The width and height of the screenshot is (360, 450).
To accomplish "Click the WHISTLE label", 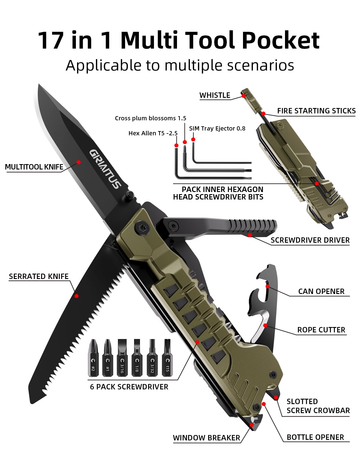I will [x=215, y=95].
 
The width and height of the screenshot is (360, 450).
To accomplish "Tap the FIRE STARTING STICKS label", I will [x=316, y=111].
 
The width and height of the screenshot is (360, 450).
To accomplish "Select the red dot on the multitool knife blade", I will [x=79, y=162].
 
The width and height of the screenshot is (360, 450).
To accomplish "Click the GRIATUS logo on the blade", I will [x=105, y=169].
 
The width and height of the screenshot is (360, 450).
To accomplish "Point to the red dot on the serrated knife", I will [x=76, y=296].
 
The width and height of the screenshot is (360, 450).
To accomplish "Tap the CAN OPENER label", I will [x=321, y=292].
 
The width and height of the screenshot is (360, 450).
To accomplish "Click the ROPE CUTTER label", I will [x=321, y=330].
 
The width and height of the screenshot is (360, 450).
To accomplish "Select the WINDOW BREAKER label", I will [x=206, y=438].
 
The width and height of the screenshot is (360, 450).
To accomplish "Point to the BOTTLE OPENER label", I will [x=315, y=437].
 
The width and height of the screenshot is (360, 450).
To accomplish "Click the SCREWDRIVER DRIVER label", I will [x=310, y=240].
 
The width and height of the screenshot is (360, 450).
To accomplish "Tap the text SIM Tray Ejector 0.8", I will [x=217, y=128].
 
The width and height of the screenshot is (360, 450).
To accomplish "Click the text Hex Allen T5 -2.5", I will [x=153, y=133].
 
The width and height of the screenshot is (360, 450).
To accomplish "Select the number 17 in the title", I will [x=51, y=40].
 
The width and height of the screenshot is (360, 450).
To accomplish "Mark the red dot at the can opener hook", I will [x=268, y=286].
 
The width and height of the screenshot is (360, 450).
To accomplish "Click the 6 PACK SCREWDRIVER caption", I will [x=129, y=387].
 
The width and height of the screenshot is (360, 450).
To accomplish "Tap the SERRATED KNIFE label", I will [x=39, y=277].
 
